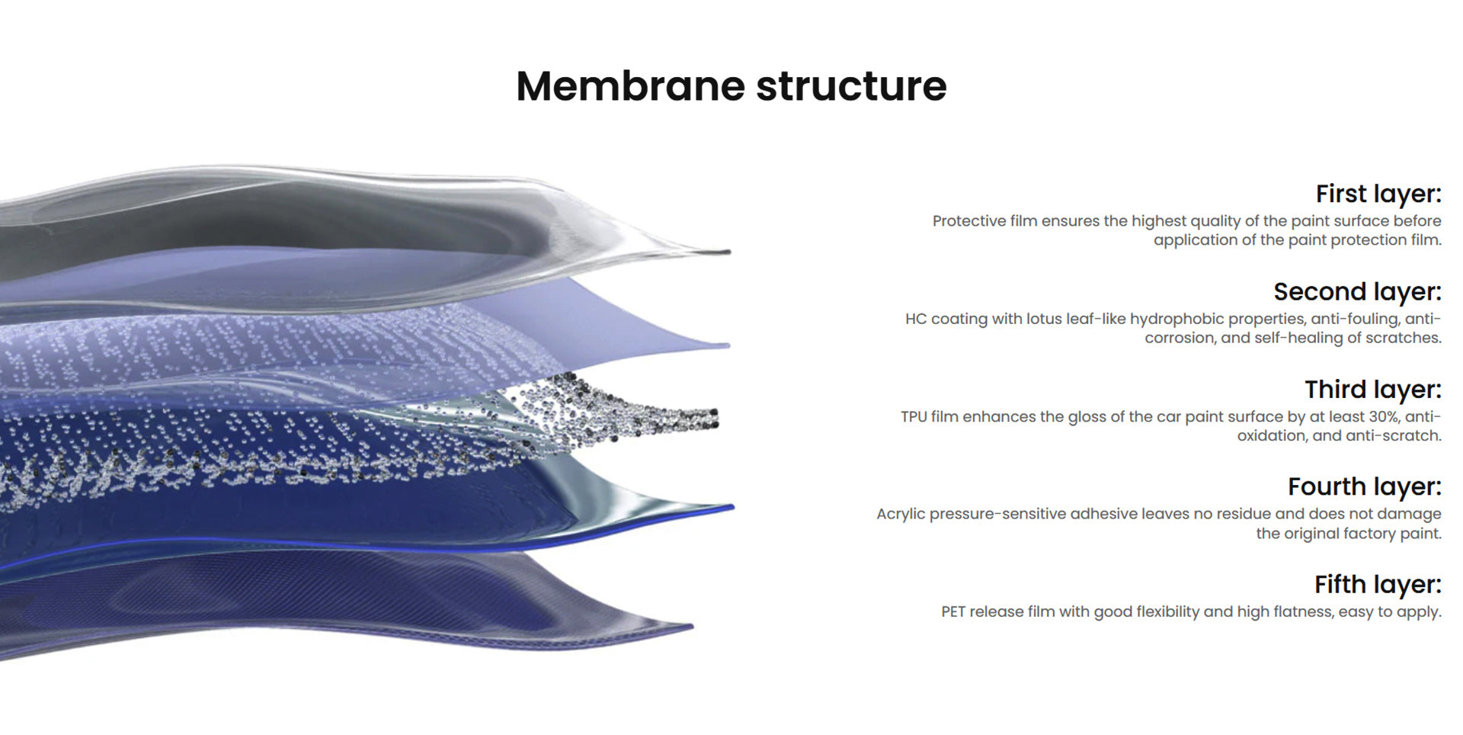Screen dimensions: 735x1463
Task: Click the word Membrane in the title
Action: coord(630,85)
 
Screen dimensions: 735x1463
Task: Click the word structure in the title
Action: coord(851,85)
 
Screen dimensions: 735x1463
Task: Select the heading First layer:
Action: coord(1378,194)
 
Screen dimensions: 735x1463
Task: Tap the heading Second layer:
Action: coord(1357,292)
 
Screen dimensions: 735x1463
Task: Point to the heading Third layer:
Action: coord(1372,390)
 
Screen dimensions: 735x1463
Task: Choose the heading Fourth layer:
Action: coord(1364,486)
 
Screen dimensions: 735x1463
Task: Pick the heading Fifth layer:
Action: coord(1378,585)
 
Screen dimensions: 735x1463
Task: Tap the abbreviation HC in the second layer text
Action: coord(915,319)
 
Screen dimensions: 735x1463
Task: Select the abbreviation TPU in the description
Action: coord(914,417)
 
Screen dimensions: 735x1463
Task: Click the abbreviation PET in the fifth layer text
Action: coord(952,611)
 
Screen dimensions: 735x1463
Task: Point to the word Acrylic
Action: coord(901,514)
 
